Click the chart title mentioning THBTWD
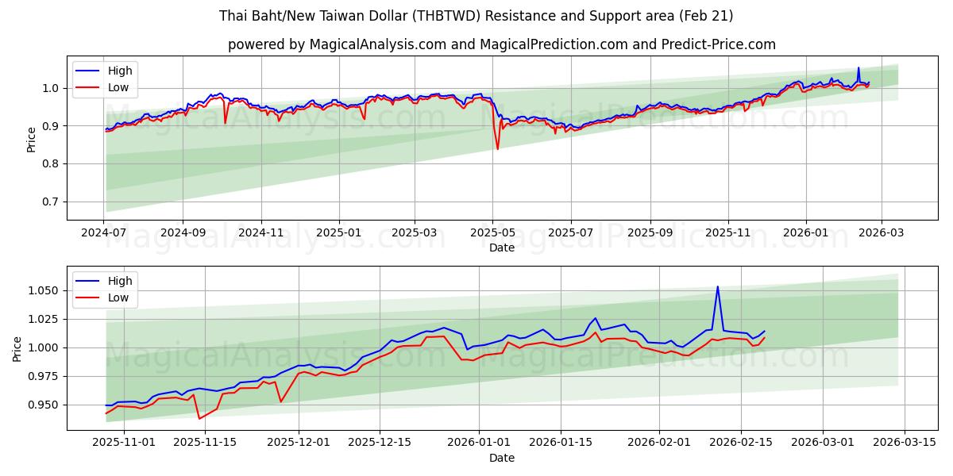(x=476, y=16)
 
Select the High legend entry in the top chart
(x=120, y=71)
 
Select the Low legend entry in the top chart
(x=119, y=88)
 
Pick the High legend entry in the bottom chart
(x=120, y=281)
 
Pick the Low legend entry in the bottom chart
(x=119, y=297)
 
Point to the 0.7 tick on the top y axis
(x=50, y=202)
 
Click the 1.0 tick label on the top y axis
(x=50, y=88)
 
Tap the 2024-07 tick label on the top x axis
(x=104, y=232)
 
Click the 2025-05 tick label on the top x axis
(x=493, y=232)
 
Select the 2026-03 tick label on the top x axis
(x=882, y=232)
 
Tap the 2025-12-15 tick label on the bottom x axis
(x=380, y=442)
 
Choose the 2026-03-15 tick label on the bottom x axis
(x=905, y=442)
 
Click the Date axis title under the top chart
(x=501, y=248)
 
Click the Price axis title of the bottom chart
(x=17, y=347)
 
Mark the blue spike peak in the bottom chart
(x=717, y=287)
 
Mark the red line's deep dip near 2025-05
(x=498, y=149)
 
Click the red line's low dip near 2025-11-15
(x=199, y=418)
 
